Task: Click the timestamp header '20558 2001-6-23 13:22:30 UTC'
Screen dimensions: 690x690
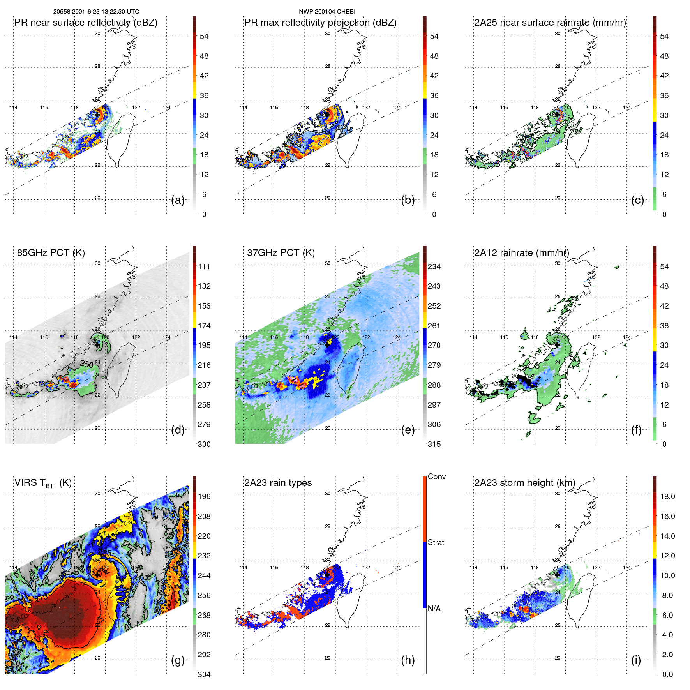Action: coord(96,12)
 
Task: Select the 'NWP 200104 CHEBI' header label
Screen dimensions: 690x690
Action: coord(327,12)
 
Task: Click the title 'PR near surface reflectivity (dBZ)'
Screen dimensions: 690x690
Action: coord(86,23)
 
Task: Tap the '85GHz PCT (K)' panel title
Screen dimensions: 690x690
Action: coord(51,253)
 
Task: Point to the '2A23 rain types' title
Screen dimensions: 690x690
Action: coord(278,483)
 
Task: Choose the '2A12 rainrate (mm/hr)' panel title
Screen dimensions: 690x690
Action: coord(521,253)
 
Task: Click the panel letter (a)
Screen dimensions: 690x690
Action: coord(178,200)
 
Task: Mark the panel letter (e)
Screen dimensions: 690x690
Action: coord(408,430)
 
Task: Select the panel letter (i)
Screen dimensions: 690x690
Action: coord(636,660)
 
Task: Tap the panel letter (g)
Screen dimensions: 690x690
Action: coord(178,660)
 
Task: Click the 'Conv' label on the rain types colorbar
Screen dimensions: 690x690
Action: coord(436,476)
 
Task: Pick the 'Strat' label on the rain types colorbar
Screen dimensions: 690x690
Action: coord(436,542)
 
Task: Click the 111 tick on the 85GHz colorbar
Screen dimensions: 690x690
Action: coord(204,267)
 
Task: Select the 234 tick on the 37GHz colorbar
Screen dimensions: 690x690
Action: coord(434,267)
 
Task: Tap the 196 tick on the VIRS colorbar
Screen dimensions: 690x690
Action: coord(204,497)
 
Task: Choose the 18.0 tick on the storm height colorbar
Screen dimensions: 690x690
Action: coord(667,497)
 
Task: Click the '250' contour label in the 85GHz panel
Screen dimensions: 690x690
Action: coord(86,364)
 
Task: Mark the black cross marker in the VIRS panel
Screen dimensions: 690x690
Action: coord(97,574)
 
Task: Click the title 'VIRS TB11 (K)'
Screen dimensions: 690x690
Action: coord(43,483)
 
